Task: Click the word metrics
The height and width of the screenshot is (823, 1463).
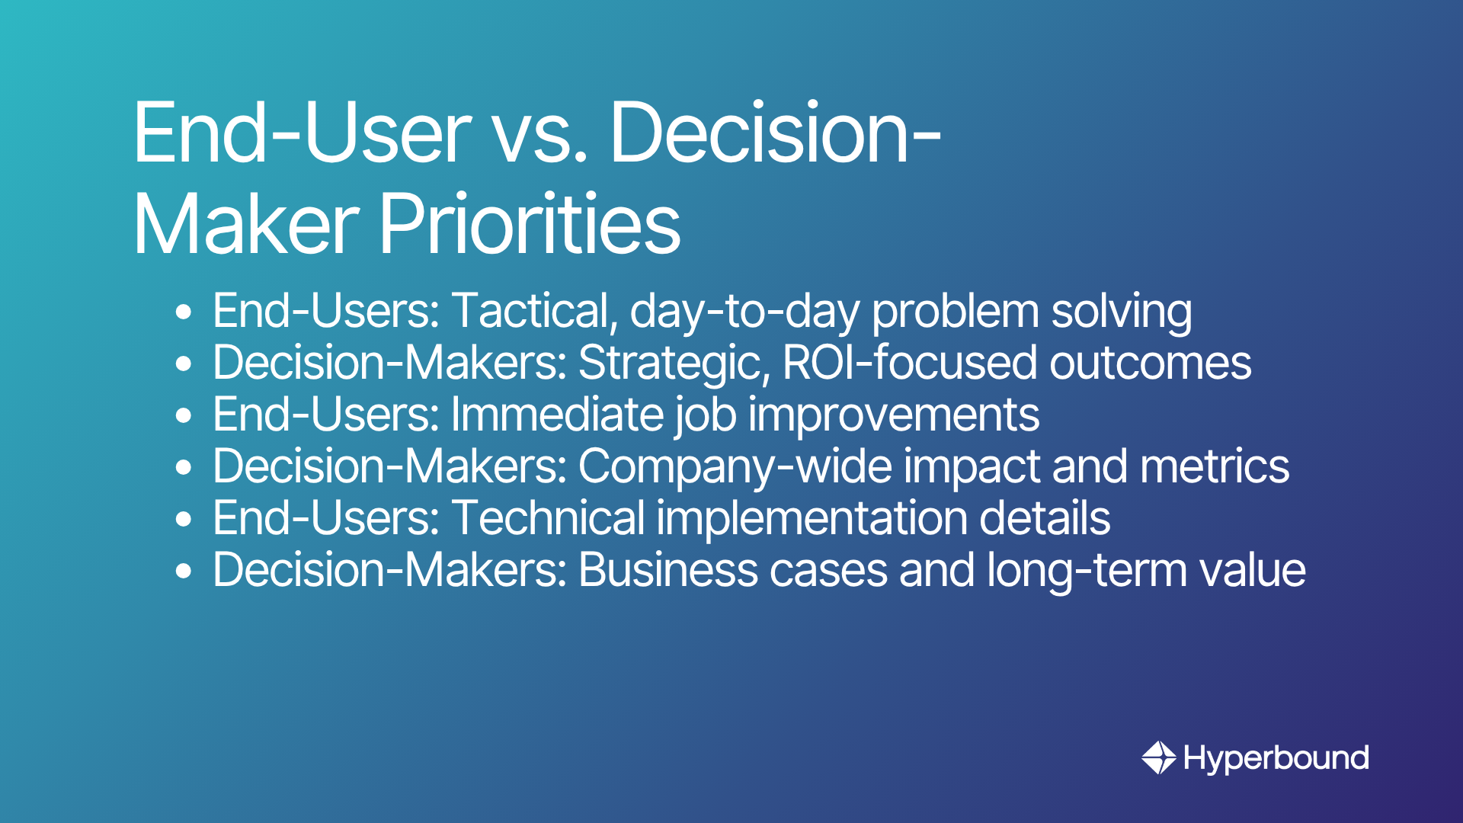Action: (1215, 466)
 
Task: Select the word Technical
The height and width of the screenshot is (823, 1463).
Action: (549, 518)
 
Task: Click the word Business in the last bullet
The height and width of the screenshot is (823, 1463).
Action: (668, 570)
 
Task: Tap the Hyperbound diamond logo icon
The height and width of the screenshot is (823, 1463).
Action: (1159, 757)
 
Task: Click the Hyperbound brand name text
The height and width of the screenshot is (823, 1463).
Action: (1276, 759)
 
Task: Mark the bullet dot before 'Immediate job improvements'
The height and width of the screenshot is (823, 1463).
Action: (184, 416)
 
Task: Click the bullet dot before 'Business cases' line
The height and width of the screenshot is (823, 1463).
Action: (184, 572)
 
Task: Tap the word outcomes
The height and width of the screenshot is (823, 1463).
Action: (1151, 363)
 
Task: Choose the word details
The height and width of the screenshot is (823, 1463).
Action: (1045, 518)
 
